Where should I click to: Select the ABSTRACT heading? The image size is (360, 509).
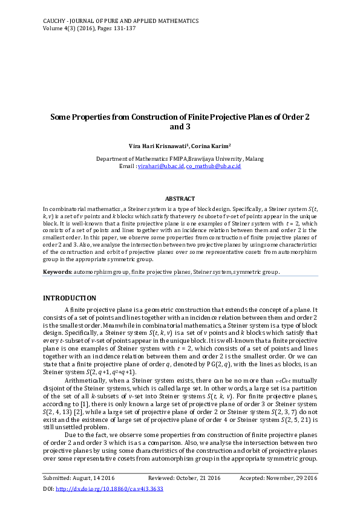pos(180,199)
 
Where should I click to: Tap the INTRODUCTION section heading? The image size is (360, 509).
pos(69,298)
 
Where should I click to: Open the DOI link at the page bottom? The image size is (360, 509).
pos(110,488)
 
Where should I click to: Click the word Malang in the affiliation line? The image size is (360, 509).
pos(252,159)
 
